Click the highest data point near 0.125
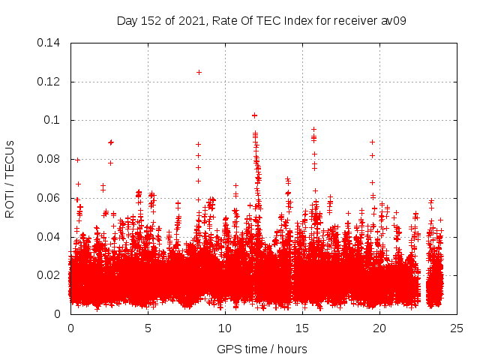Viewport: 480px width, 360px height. (x=199, y=72)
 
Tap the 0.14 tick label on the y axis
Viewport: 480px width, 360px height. (x=49, y=43)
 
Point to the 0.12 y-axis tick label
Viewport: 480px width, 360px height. (x=49, y=81)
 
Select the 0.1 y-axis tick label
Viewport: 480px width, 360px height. (x=52, y=120)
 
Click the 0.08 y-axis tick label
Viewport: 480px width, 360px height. (x=49, y=159)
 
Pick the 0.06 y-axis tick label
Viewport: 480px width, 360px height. (x=49, y=198)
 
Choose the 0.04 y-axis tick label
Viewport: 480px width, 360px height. (x=49, y=237)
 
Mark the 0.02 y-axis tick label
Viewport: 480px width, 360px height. (x=49, y=275)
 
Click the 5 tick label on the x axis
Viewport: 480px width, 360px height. (x=148, y=328)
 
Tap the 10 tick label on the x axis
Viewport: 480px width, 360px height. (x=225, y=328)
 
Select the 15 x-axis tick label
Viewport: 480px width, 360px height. (x=302, y=328)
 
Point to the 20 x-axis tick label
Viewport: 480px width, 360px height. (x=379, y=328)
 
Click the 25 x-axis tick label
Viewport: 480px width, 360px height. (x=457, y=328)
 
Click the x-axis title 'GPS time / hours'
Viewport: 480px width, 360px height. (x=262, y=349)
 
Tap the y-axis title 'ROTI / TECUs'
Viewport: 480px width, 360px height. (x=10, y=178)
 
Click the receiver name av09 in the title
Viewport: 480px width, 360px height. (x=394, y=20)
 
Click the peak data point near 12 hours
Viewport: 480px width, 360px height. (x=255, y=115)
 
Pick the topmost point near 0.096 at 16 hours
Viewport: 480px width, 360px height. (x=314, y=129)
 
